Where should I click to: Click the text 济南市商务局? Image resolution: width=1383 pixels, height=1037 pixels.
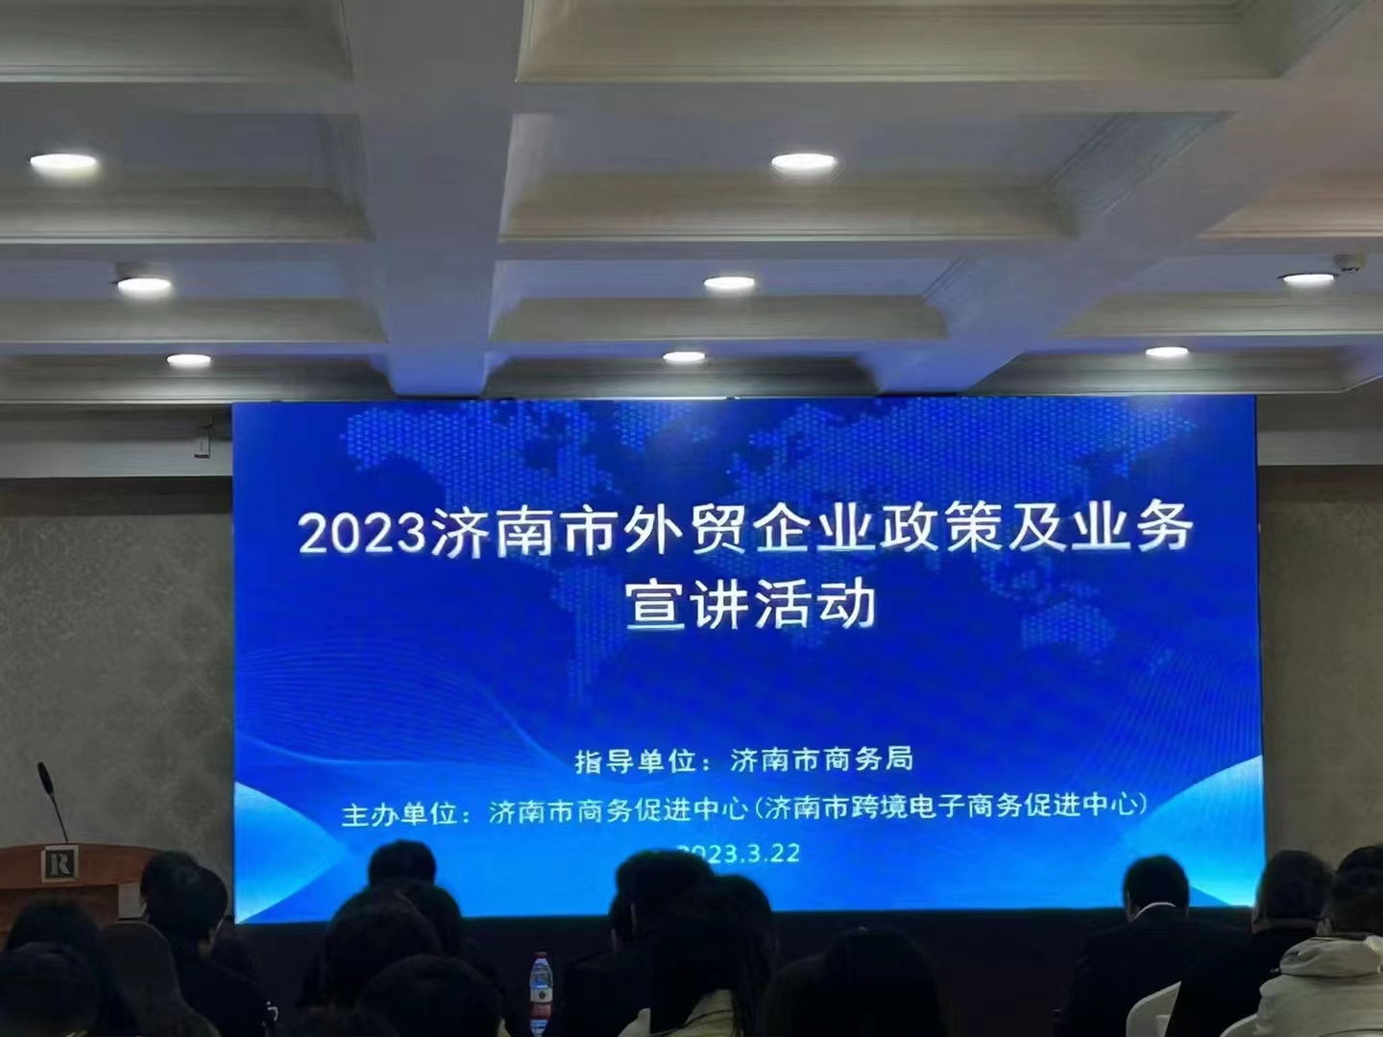pyautogui.click(x=821, y=760)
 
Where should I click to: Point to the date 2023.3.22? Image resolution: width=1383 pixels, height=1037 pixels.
pyautogui.click(x=739, y=854)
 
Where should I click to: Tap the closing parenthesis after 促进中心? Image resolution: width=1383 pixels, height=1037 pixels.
pyautogui.click(x=1142, y=804)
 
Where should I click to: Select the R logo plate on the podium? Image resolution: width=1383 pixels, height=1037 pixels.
pyautogui.click(x=60, y=862)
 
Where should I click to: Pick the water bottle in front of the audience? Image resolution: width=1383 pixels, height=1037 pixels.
pyautogui.click(x=542, y=992)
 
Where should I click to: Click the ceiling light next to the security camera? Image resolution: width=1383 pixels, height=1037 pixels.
pyautogui.click(x=1308, y=278)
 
